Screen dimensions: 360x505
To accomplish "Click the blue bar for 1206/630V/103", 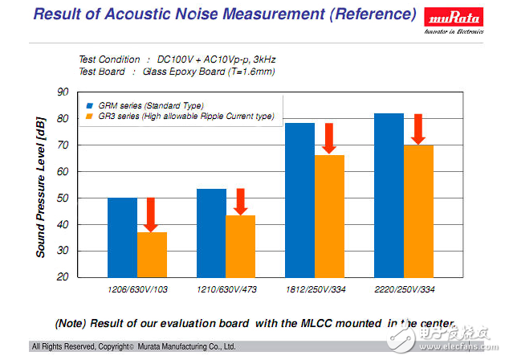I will pos(122,237).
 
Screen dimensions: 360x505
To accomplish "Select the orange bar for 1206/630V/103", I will pos(152,255).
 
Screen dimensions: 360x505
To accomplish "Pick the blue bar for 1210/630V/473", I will pos(211,233).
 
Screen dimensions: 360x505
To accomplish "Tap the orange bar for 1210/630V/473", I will pos(240,246).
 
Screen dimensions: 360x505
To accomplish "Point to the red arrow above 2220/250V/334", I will pos(417,129).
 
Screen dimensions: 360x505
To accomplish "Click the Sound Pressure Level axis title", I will pos(40,185).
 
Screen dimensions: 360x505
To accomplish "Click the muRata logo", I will pos(453,18).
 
